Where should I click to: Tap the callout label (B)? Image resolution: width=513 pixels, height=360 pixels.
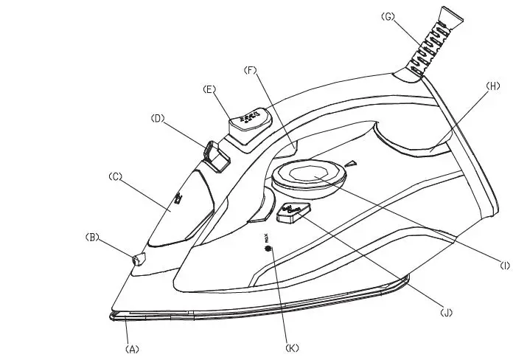point(93,238)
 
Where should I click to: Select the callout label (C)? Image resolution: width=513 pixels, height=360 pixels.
point(115,176)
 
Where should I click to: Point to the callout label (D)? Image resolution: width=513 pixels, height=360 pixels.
point(157,117)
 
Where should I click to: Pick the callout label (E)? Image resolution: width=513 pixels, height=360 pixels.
point(209,89)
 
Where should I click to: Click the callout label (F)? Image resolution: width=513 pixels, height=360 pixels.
point(251,70)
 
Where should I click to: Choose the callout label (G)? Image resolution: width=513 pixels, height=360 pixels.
point(389,17)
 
